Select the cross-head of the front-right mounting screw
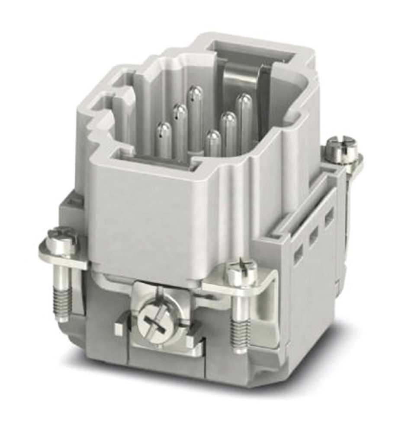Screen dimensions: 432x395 (x=241, y=270)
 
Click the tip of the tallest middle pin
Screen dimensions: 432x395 (x=195, y=92)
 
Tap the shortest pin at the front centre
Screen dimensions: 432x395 (x=212, y=137)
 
